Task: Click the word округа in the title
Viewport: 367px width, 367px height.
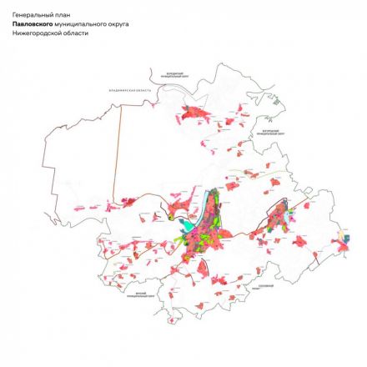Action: [117, 24]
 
